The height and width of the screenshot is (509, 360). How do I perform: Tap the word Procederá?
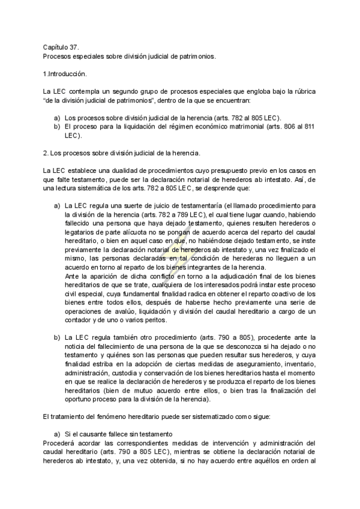pyautogui.click(x=60, y=442)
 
